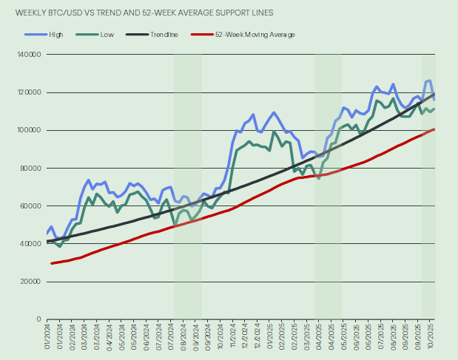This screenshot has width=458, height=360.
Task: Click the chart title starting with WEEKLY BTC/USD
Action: tap(133, 12)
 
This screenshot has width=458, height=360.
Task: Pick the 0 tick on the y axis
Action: tap(41, 319)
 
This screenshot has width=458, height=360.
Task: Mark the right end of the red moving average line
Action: tap(434, 129)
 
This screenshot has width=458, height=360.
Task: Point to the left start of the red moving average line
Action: tap(51, 263)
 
